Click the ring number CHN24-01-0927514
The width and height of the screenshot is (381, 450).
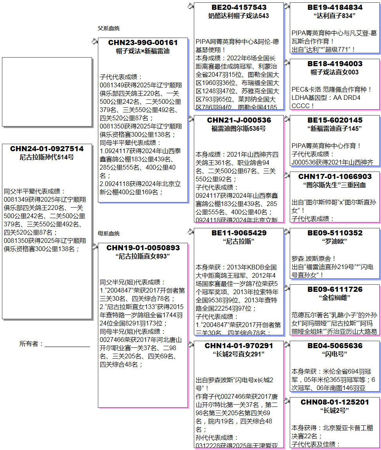click(x=47, y=149)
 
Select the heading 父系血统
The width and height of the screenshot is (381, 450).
click(x=108, y=28)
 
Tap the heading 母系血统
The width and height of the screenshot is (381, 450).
click(x=108, y=233)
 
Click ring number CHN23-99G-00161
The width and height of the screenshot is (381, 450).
click(x=143, y=43)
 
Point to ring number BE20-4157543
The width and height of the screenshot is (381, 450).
click(x=238, y=7)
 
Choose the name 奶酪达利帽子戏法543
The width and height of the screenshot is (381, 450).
click(x=238, y=16)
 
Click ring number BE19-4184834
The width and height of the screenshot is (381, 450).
click(x=334, y=7)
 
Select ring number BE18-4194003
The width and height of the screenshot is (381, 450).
click(x=334, y=64)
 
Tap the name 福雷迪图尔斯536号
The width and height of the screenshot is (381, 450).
click(x=238, y=128)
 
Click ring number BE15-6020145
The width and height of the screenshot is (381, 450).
click(x=334, y=120)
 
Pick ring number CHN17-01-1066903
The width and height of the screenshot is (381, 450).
click(x=334, y=177)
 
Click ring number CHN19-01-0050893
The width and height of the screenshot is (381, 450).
click(x=143, y=248)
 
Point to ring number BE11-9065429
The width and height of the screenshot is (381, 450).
click(x=238, y=233)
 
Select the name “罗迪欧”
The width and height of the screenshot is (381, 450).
click(x=334, y=242)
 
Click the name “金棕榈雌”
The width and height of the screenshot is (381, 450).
click(x=334, y=298)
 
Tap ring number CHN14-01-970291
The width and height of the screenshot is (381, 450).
click(x=238, y=346)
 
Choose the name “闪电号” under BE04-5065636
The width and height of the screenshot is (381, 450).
click(x=334, y=354)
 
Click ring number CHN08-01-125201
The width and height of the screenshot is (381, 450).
click(x=334, y=402)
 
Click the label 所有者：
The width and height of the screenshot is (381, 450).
click(x=31, y=344)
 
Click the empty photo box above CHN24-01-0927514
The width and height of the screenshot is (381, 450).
click(x=47, y=92)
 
